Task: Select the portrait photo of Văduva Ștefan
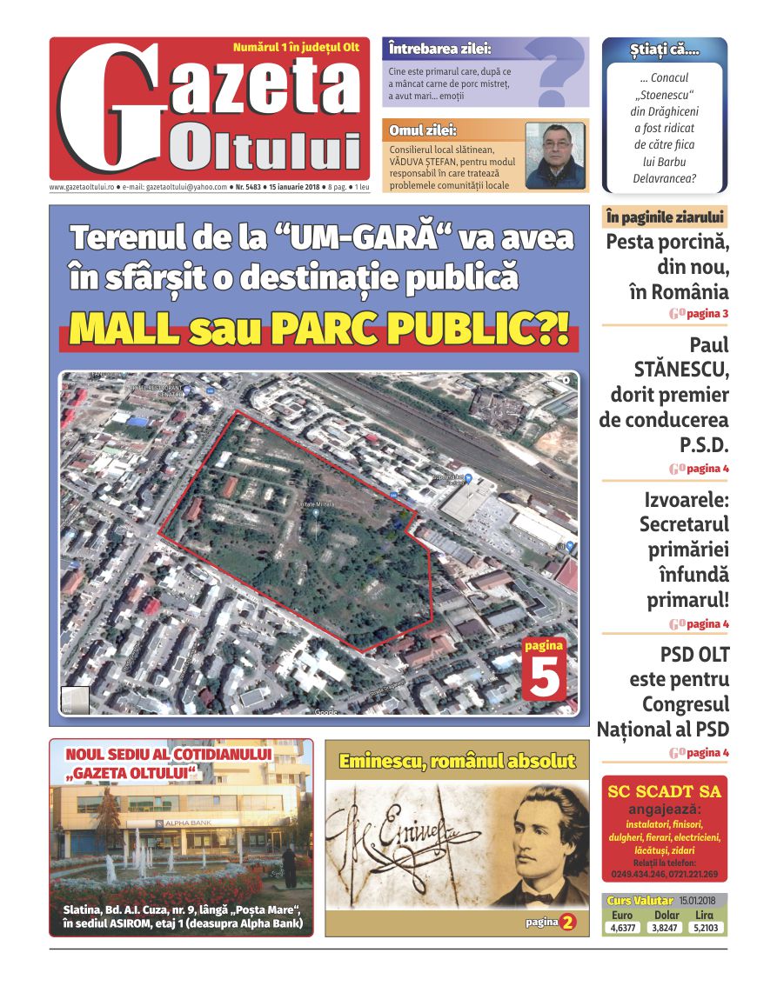pos(555,156)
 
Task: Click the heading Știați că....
pos(665,50)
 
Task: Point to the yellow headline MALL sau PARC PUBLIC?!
pos(319,330)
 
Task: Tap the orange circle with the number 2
pos(568,922)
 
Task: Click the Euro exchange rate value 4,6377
pos(623,928)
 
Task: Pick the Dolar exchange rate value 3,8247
pos(666,928)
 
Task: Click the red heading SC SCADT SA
pos(664,791)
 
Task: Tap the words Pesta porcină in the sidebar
pos(667,242)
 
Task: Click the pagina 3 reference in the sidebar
pos(707,313)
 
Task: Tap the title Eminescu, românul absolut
pos(457,762)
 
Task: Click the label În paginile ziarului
pos(664,217)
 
